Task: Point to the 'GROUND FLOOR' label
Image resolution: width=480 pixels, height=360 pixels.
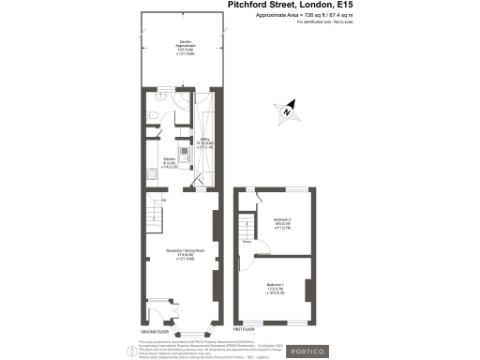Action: (x=155, y=333)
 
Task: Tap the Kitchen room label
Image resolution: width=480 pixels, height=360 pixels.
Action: (x=170, y=161)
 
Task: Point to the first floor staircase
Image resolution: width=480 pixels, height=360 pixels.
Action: (x=245, y=227)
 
